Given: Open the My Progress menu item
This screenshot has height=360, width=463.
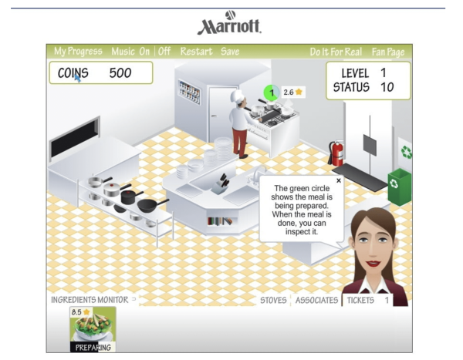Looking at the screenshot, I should [x=78, y=52].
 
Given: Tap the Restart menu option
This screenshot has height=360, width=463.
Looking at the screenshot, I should [x=196, y=52].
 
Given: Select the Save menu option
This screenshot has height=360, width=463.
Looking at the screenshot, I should [x=230, y=52].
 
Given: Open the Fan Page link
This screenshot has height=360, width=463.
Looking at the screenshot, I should [x=388, y=52].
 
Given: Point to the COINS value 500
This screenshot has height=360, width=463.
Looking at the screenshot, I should [x=120, y=73].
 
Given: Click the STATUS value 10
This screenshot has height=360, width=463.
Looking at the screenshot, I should [x=387, y=87].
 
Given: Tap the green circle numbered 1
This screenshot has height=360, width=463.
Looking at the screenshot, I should [x=271, y=93].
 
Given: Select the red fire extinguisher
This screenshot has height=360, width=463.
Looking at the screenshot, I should [x=337, y=153].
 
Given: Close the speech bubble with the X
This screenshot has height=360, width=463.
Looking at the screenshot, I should [x=338, y=180].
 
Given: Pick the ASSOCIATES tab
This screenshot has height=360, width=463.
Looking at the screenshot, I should [x=316, y=300].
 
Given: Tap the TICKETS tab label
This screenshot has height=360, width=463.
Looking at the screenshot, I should [x=360, y=300].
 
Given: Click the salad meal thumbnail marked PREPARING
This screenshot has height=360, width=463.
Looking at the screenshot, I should [x=93, y=328].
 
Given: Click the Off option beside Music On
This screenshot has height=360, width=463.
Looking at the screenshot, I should [x=164, y=52].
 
